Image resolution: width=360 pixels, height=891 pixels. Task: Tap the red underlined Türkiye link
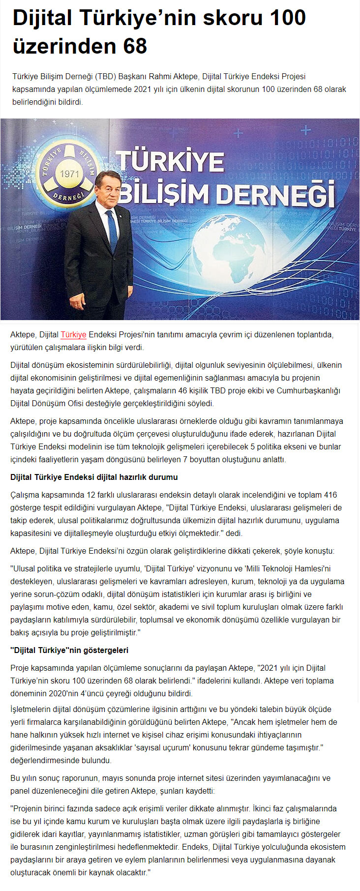click(x=73, y=335)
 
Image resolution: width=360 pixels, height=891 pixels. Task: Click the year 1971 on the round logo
click(x=69, y=174)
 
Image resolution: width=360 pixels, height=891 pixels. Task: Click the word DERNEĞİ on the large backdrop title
click(x=276, y=194)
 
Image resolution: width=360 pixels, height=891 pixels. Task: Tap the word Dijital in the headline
click(x=43, y=18)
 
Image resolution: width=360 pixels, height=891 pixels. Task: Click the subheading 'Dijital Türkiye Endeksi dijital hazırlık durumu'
click(x=94, y=477)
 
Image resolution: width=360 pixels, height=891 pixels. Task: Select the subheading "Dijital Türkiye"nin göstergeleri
click(x=69, y=650)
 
